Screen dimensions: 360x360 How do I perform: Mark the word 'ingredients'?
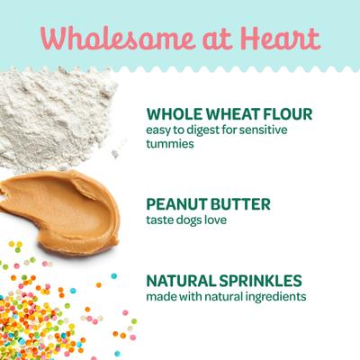[274, 296]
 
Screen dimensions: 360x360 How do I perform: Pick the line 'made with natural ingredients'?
[226, 296]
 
